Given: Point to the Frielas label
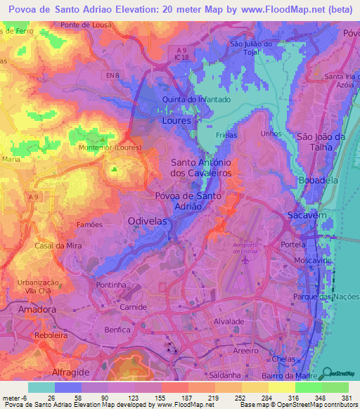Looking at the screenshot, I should click(x=227, y=134).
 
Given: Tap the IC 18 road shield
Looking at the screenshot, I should click(x=183, y=58).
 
